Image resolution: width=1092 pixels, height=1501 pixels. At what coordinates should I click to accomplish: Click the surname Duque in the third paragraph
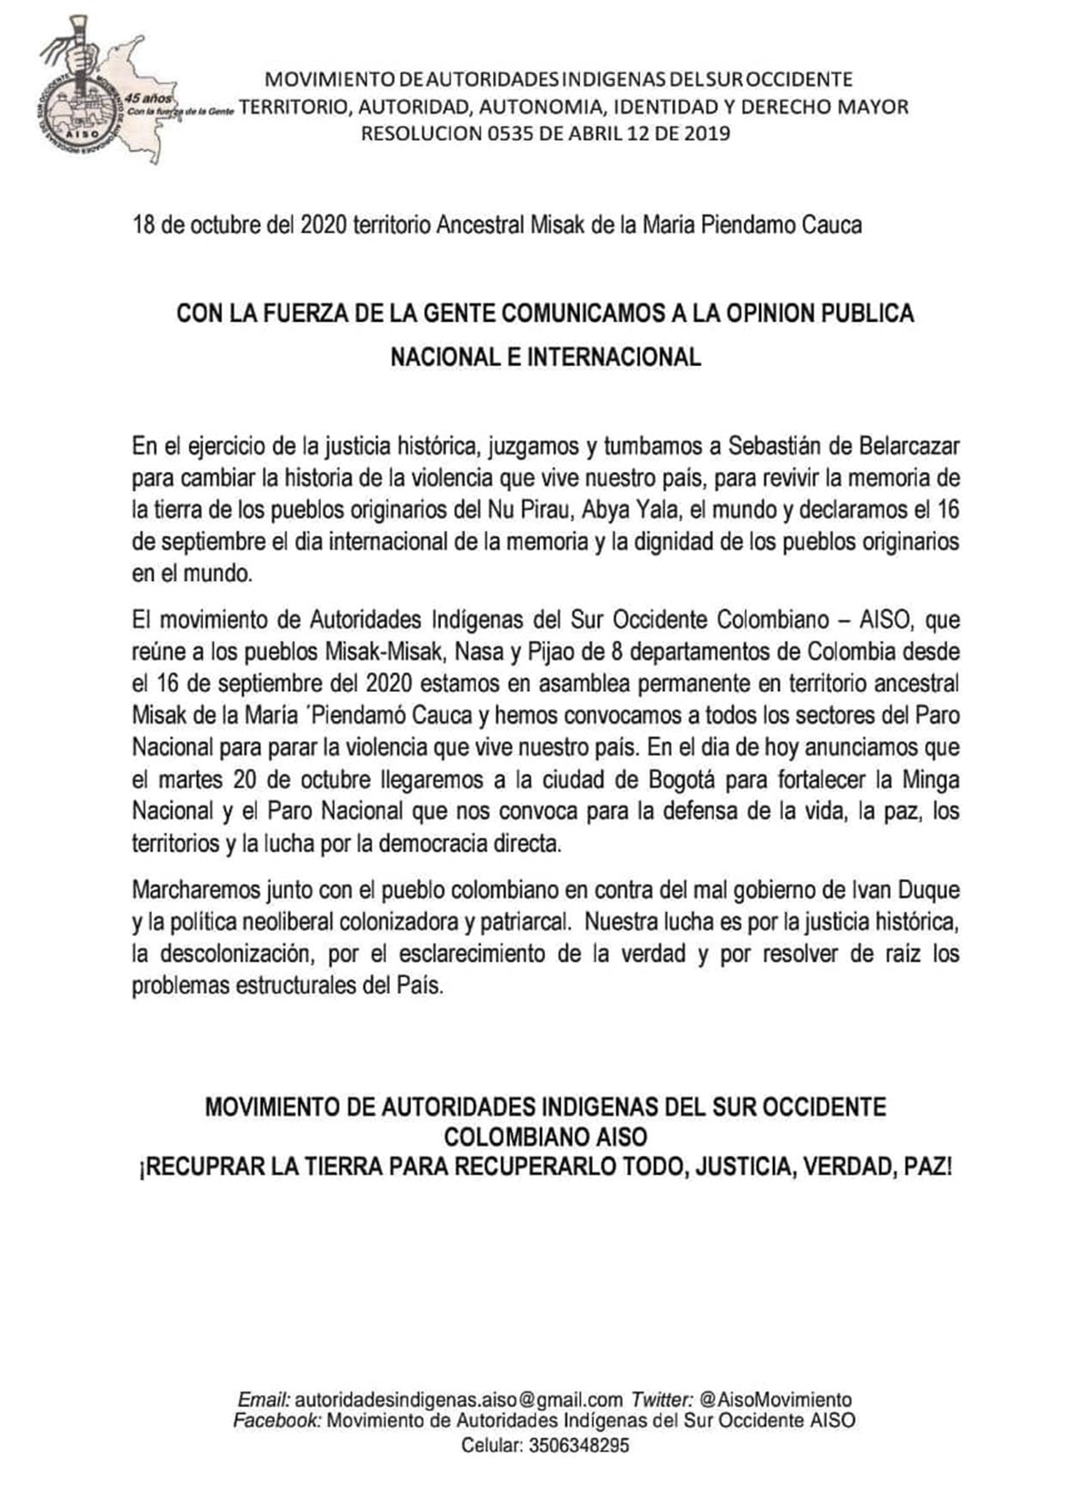927,890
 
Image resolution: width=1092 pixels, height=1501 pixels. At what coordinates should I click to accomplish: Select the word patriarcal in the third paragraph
514,922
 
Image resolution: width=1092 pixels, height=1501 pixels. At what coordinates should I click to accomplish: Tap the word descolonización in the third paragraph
226,954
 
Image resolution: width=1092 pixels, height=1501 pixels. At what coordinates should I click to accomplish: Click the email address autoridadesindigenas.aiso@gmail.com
459,1400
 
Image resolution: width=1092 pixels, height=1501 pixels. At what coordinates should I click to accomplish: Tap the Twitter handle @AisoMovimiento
775,1400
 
